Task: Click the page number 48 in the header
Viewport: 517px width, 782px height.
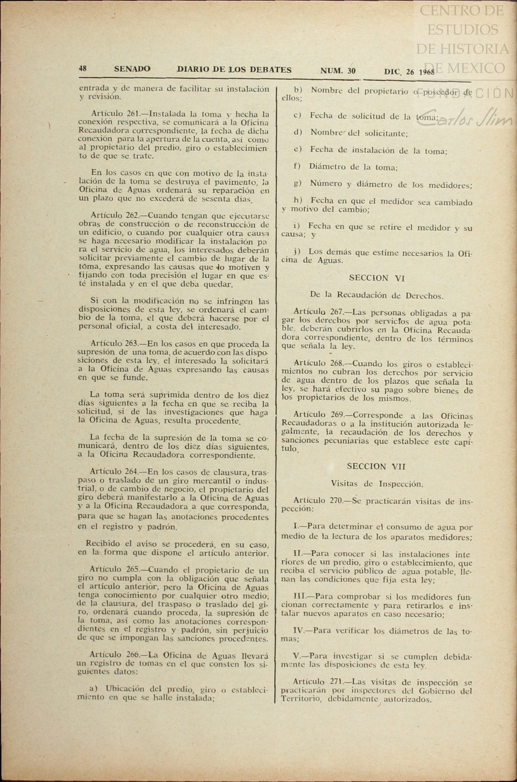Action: pyautogui.click(x=83, y=69)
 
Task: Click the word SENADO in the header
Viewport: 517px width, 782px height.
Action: pyautogui.click(x=132, y=69)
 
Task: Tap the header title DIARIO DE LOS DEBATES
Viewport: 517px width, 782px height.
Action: pyautogui.click(x=234, y=70)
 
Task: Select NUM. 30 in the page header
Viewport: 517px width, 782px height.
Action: pyautogui.click(x=338, y=71)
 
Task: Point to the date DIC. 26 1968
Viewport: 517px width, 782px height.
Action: pyautogui.click(x=409, y=72)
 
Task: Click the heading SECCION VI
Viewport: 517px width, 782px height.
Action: pyautogui.click(x=376, y=278)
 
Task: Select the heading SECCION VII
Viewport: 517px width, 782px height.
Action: pyautogui.click(x=376, y=466)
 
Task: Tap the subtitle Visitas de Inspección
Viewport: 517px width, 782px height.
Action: pyautogui.click(x=377, y=484)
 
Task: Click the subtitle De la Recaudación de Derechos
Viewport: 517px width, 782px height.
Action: pyautogui.click(x=377, y=295)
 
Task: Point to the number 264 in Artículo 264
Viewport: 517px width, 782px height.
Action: pyautogui.click(x=132, y=472)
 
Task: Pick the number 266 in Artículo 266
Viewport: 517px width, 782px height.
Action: pyautogui.click(x=131, y=655)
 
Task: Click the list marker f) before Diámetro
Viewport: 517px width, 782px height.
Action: pyautogui.click(x=297, y=167)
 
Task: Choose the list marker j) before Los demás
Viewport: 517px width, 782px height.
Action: pyautogui.click(x=297, y=251)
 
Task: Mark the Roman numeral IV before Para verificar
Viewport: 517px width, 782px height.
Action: pyautogui.click(x=299, y=630)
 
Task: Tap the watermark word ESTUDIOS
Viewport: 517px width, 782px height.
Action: pyautogui.click(x=463, y=30)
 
